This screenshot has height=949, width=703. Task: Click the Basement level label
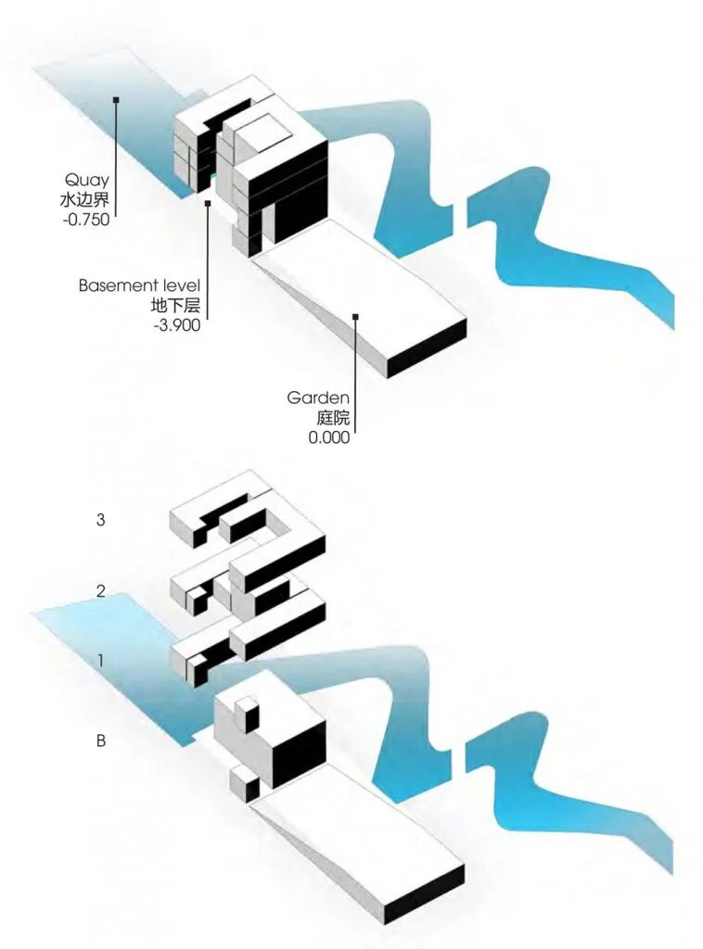point(139,286)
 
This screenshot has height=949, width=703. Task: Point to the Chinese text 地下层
point(175,306)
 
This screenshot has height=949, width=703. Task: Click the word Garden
point(318,399)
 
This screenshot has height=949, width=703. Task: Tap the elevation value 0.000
point(329,437)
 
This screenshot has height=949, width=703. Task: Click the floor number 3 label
point(100,520)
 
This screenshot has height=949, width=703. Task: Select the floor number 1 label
point(101,661)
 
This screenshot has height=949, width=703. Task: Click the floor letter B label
point(100,740)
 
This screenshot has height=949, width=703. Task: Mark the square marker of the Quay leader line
point(116,98)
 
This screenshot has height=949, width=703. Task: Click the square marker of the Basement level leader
point(208,203)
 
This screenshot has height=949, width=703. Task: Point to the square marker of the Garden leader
point(354,318)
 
